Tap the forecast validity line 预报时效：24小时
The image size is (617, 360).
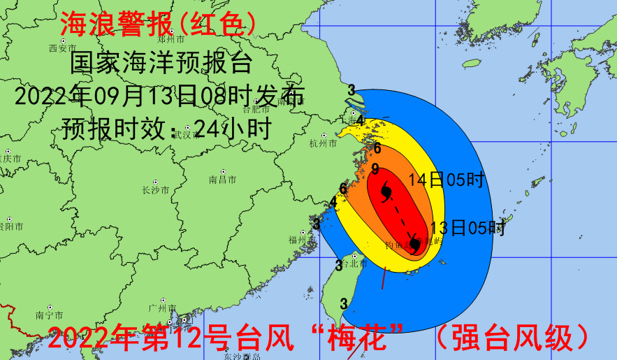tap(161, 127)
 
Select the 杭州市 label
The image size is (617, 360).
tap(322, 143)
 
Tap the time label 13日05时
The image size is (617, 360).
tap(467, 228)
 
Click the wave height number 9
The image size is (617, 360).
tap(375, 168)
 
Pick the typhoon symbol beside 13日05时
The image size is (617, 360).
tap(414, 244)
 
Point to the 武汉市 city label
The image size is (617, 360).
tap(186, 134)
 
